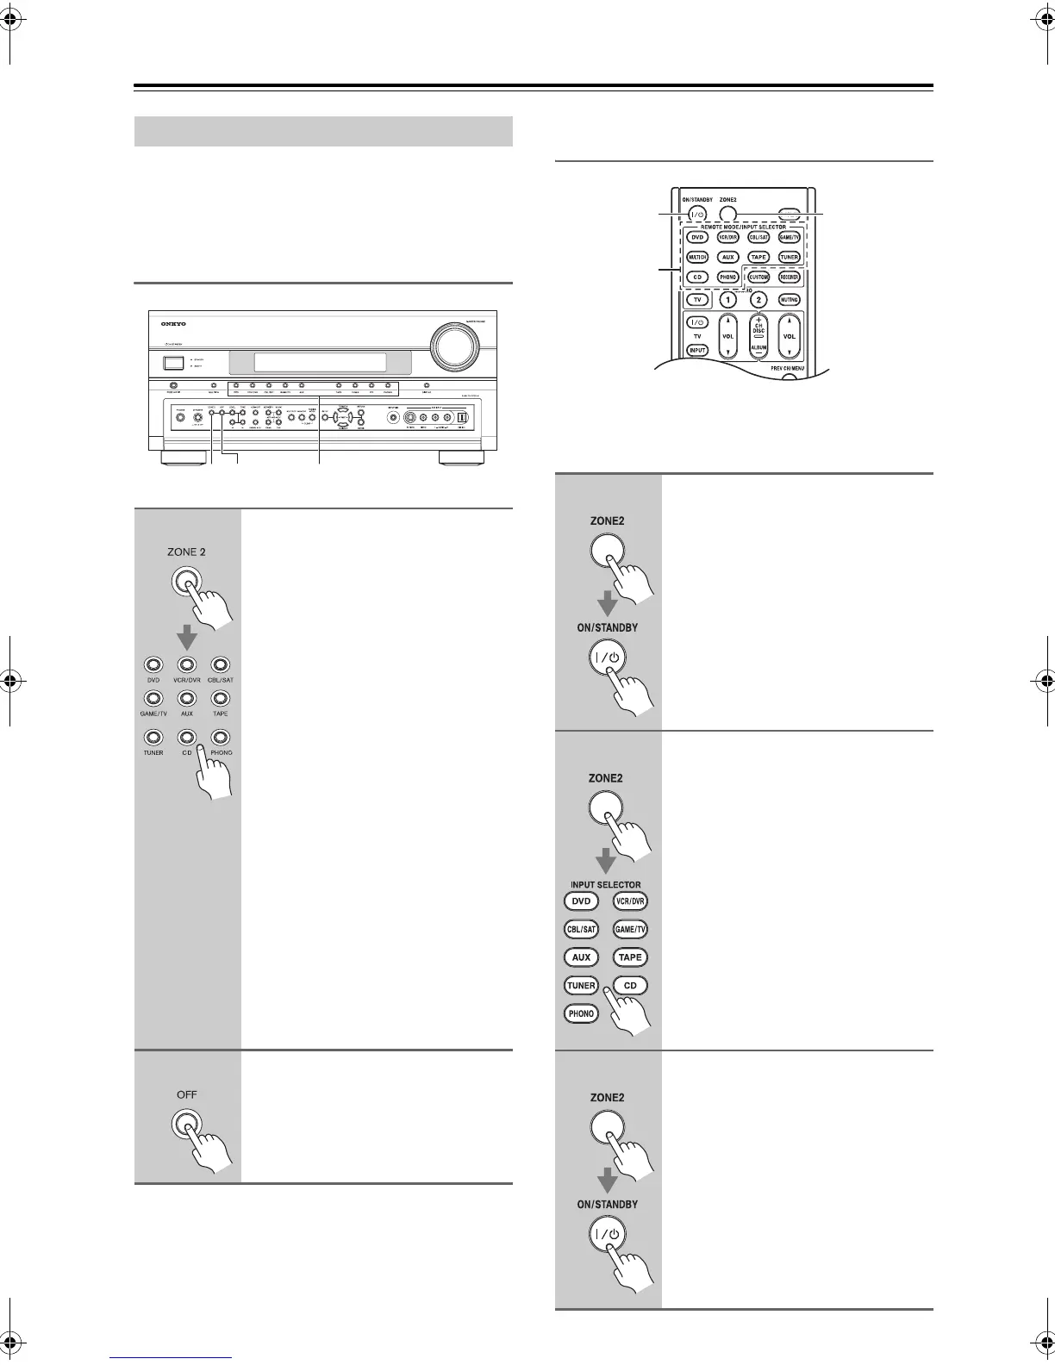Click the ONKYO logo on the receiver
coord(172,324)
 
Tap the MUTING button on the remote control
coord(789,300)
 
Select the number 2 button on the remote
coord(758,300)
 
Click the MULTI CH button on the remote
coord(697,257)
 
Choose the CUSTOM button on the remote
coord(758,277)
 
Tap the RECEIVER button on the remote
coord(789,277)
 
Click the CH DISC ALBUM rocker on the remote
coord(758,336)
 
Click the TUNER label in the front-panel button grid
coord(153,752)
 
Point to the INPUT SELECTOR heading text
coord(605,885)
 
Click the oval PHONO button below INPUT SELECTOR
coord(581,1013)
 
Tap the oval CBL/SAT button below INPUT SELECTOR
coord(581,930)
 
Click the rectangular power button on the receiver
coord(173,365)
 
